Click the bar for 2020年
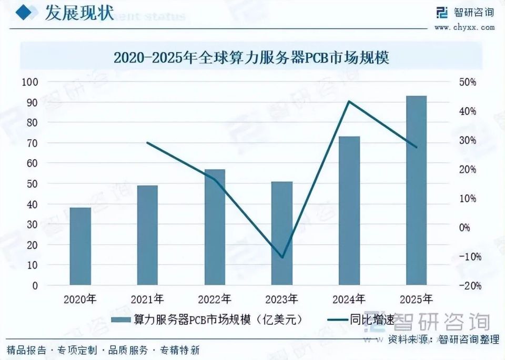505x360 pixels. point(80,246)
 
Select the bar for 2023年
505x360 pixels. point(282,233)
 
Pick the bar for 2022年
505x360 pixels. point(215,227)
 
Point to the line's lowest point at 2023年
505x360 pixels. point(282,258)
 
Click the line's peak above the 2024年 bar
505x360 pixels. point(349,101)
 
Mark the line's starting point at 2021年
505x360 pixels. point(147,142)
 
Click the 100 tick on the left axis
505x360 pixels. point(31,82)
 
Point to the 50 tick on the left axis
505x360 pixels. point(31,184)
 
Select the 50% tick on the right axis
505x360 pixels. point(467,83)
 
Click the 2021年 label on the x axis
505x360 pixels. point(147,300)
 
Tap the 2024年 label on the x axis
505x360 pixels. point(349,300)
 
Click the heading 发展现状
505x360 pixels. point(78,13)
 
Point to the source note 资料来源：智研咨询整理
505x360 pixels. point(443,340)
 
